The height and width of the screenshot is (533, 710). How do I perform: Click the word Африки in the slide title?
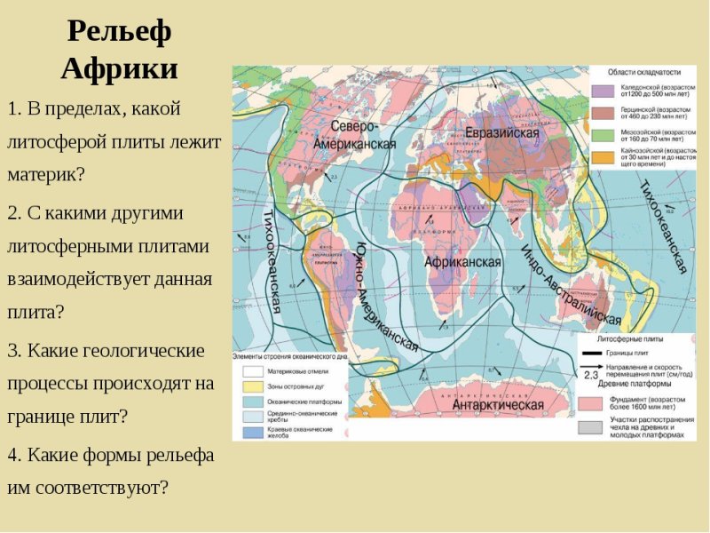click(119, 69)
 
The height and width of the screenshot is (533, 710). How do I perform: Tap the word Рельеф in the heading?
click(119, 32)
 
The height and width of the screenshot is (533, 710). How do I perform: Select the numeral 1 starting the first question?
click(12, 109)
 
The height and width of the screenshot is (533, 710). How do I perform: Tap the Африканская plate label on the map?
click(462, 262)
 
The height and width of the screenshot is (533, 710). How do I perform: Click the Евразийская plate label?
click(503, 132)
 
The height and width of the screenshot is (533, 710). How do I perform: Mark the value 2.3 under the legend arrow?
click(592, 376)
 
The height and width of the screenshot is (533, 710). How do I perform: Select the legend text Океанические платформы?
click(296, 402)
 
